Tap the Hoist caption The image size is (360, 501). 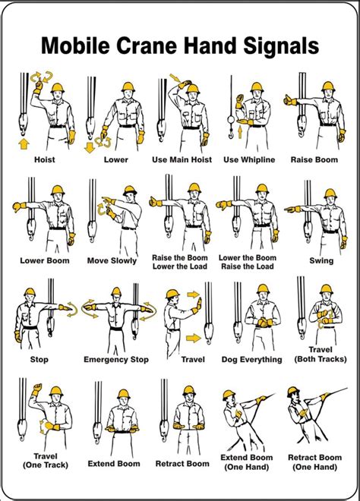(x=45, y=159)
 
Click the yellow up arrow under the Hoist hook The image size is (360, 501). (x=24, y=143)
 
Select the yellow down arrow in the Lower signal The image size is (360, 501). (x=90, y=147)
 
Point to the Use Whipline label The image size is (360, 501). (x=249, y=159)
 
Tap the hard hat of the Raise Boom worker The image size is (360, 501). (x=328, y=87)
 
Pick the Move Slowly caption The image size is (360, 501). (x=112, y=260)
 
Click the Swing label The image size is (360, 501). (x=321, y=260)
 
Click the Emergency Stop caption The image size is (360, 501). (x=116, y=360)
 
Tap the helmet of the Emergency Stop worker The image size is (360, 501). (x=116, y=291)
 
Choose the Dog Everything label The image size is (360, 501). (x=252, y=360)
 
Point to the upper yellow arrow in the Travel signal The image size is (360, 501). (x=194, y=295)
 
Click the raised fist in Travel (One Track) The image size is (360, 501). (x=37, y=389)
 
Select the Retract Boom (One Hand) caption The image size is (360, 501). (x=315, y=462)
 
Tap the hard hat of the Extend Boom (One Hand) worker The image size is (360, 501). (x=229, y=395)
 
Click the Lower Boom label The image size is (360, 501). (x=45, y=260)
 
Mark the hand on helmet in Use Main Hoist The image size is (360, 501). (x=185, y=84)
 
